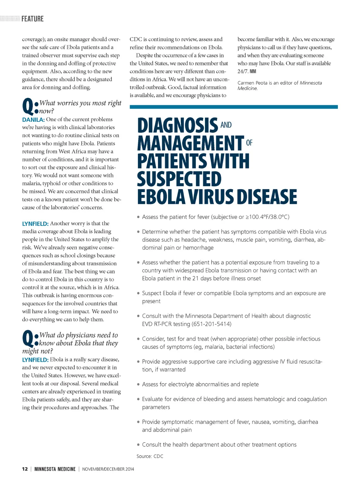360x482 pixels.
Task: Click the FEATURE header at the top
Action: tap(32, 19)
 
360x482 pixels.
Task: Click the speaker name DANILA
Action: tap(33, 120)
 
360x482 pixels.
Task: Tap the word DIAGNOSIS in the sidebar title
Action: tap(178, 126)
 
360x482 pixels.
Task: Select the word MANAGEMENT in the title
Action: tap(191, 143)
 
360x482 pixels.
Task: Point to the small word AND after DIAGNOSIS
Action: tap(226, 125)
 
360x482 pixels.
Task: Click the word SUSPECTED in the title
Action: tap(179, 179)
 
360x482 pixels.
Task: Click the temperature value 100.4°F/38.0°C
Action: tap(268, 217)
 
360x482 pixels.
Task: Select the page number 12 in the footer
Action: tap(25, 469)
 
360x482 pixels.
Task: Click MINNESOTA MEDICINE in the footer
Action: tap(55, 469)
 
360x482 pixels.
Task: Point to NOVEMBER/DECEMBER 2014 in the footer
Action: tap(108, 469)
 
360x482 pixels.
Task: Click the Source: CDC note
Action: tap(150, 456)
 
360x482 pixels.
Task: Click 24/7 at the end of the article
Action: tap(243, 71)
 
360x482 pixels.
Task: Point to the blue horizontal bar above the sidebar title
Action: tap(233, 107)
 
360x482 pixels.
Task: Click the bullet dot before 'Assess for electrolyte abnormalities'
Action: tap(139, 385)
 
